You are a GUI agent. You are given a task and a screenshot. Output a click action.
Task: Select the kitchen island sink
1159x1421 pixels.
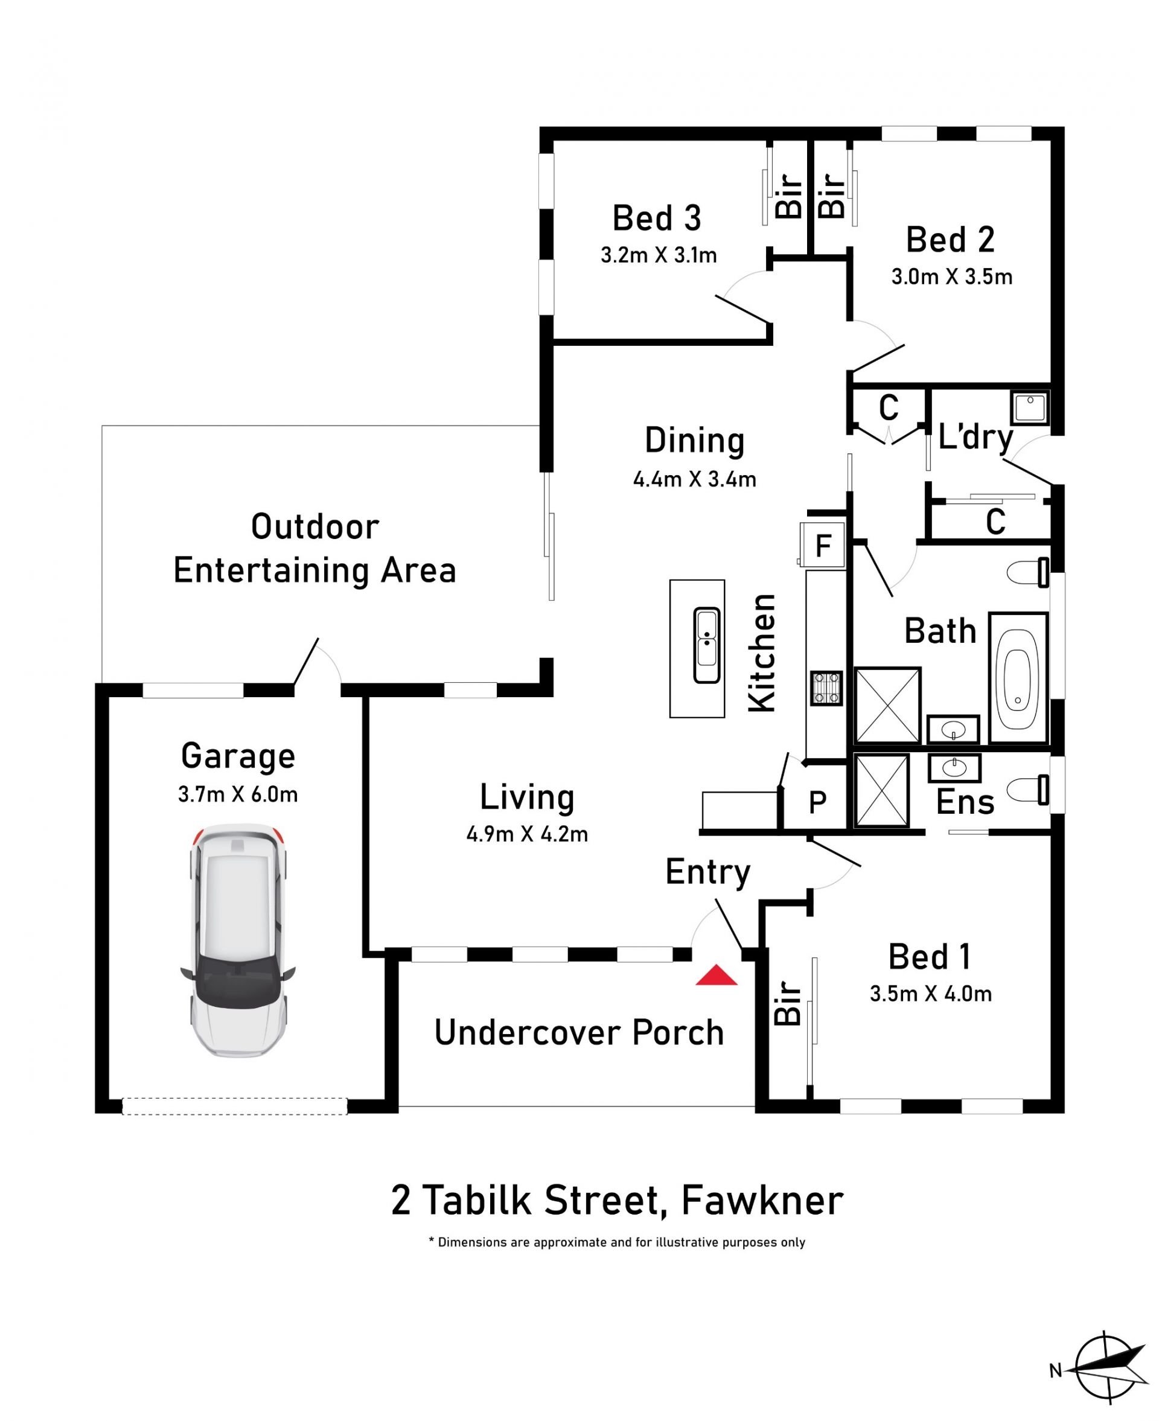pos(706,645)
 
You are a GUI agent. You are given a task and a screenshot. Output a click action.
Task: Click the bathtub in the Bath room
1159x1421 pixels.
pos(1018,677)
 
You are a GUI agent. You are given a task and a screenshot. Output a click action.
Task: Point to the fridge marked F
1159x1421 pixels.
pos(823,544)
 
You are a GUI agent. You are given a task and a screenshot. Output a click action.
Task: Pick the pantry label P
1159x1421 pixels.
pos(817,802)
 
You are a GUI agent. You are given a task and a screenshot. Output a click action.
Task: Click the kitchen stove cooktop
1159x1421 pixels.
pos(826,688)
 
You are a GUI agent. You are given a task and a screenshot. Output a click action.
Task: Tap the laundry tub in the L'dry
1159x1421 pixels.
pos(1030,408)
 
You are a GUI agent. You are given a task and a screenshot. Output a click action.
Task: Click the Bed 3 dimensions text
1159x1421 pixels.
pos(659,255)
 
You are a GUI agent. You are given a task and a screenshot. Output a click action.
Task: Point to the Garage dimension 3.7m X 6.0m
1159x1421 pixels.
pos(238,794)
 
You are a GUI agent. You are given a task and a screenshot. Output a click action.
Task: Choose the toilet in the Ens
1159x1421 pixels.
pos(1027,790)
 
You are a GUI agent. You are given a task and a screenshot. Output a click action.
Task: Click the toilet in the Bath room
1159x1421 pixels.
pos(1027,573)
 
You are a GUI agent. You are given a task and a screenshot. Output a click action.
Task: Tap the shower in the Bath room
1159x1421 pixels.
pos(887,705)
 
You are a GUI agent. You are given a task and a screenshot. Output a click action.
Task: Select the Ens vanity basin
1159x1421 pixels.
pos(954,768)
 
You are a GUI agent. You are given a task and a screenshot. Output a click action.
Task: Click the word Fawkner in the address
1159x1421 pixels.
pos(762,1201)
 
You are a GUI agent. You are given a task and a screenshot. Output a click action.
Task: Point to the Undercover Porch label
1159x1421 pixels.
pos(579,1033)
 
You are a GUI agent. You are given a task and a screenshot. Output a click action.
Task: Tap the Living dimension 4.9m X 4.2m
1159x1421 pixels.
pos(528,834)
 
